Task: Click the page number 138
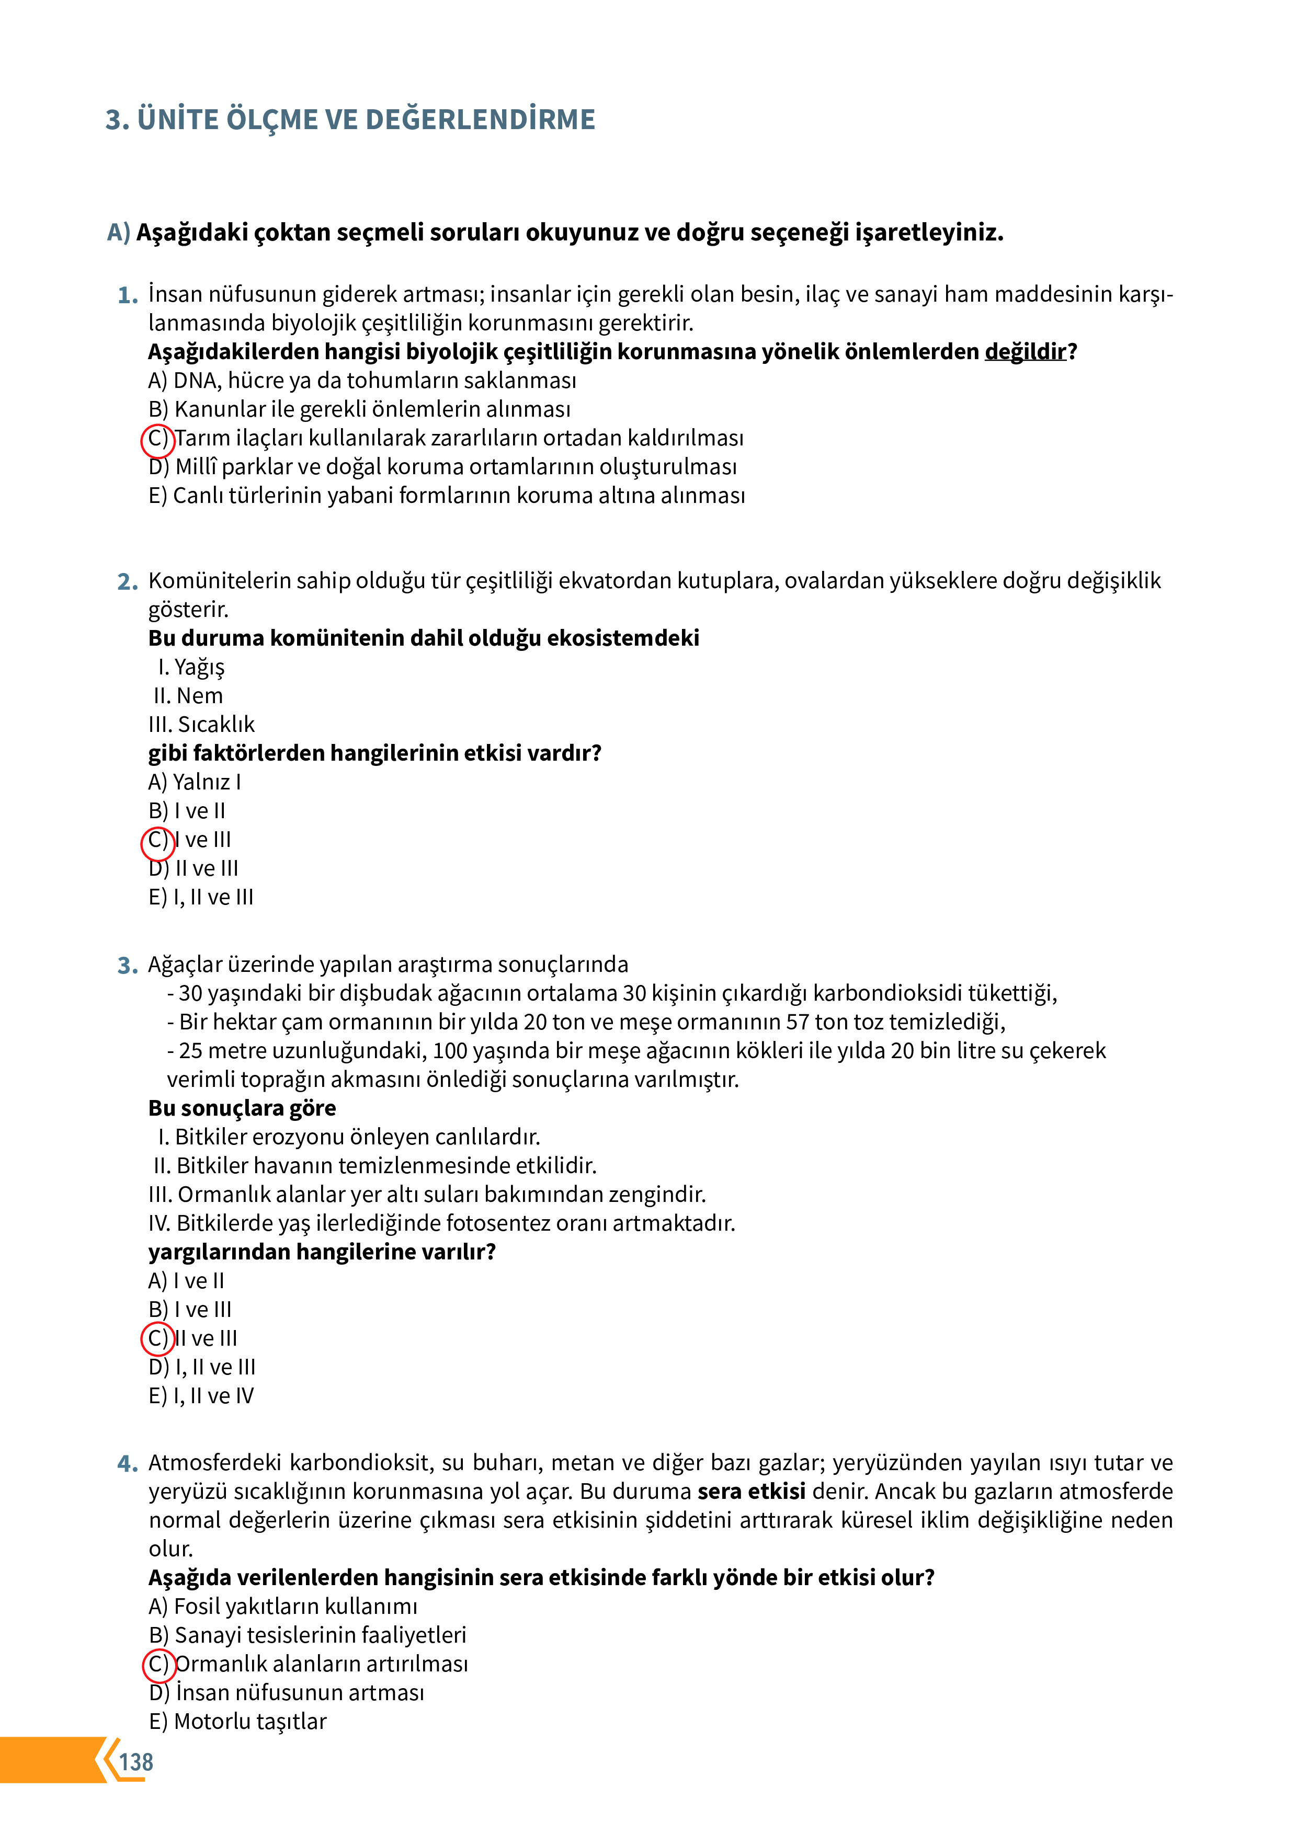136,1761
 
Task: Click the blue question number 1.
127,295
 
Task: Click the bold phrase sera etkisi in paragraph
751,1492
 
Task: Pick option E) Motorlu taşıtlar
237,1722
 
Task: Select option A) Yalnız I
194,782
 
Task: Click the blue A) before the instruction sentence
118,233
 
